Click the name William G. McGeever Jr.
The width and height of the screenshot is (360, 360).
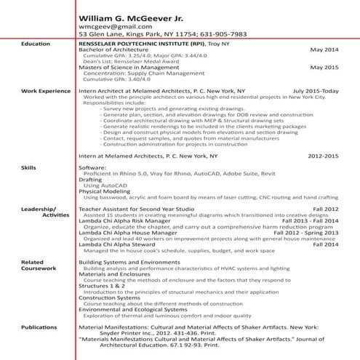[x=132, y=15]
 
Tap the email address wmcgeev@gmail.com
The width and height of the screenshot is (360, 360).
[x=110, y=26]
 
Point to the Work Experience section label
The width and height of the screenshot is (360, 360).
[x=41, y=91]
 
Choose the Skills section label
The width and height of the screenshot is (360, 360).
[x=30, y=167]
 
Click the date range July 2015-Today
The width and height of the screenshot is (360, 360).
[x=316, y=91]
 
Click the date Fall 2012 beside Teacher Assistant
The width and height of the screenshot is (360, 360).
[x=326, y=209]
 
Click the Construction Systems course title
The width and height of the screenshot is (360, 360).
[x=109, y=297]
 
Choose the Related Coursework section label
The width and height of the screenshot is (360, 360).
[x=38, y=265]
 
